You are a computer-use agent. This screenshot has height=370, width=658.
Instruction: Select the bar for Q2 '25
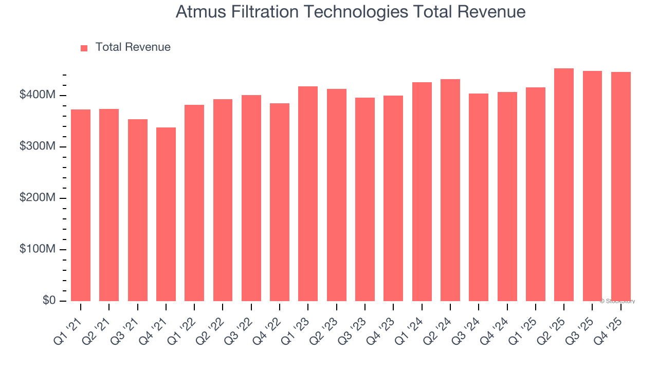tap(564, 185)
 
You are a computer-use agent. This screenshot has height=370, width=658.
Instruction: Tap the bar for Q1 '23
tap(308, 194)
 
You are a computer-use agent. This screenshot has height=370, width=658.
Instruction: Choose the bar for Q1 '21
tap(81, 206)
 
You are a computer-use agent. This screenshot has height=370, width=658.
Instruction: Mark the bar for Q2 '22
tap(223, 200)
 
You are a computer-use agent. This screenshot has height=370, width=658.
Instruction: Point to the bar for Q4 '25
tap(620, 187)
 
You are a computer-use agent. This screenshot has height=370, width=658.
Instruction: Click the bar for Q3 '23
tap(365, 199)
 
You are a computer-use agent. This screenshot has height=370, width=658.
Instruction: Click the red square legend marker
tap(84, 48)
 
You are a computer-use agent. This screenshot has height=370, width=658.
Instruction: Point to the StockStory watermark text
tap(617, 301)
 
